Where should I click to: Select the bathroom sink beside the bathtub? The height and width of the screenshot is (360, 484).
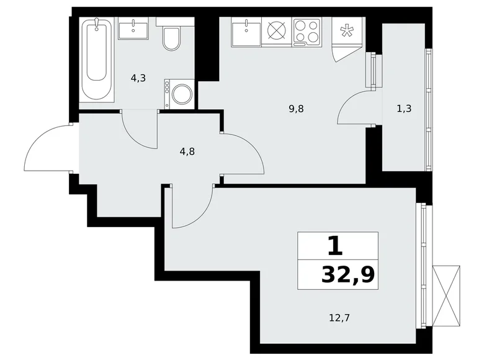point(134,29)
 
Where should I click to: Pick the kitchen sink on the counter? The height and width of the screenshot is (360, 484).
point(247,30)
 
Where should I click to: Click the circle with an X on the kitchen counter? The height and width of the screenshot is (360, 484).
point(276,31)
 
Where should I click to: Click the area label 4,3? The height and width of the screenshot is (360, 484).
point(138,78)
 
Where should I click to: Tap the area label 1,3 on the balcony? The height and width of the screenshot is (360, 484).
point(404,108)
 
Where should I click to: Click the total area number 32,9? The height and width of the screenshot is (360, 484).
point(347,274)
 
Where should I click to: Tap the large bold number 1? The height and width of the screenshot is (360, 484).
point(335,246)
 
